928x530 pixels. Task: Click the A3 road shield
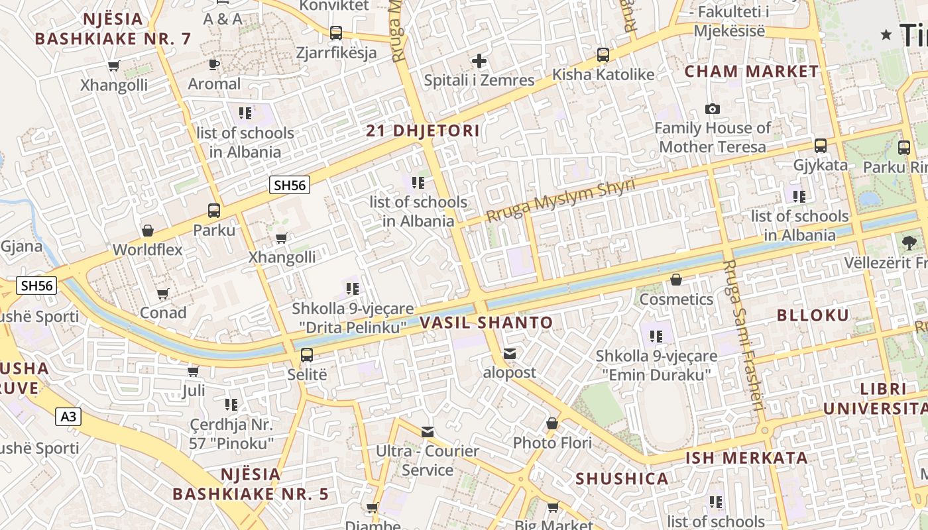(68, 416)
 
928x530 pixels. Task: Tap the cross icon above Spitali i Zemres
(479, 62)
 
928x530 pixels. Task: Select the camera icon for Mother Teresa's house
(713, 109)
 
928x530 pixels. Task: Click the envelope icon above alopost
(509, 354)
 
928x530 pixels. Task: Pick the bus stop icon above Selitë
(307, 354)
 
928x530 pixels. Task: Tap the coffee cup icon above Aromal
(213, 64)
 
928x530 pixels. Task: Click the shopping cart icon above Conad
(163, 293)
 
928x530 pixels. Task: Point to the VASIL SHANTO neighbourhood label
(486, 323)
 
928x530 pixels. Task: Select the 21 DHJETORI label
(422, 131)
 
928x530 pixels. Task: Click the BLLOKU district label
(813, 315)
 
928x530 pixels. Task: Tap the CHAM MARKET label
(752, 72)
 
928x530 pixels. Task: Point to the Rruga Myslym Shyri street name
(560, 200)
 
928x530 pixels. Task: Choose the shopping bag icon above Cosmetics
(676, 280)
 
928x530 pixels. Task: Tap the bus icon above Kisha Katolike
(603, 55)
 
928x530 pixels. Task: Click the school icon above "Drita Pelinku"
(353, 288)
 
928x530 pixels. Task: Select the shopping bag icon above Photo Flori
(552, 423)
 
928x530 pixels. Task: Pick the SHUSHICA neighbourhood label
(622, 478)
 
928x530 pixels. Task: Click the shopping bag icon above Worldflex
(148, 231)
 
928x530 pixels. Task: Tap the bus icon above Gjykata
(821, 146)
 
